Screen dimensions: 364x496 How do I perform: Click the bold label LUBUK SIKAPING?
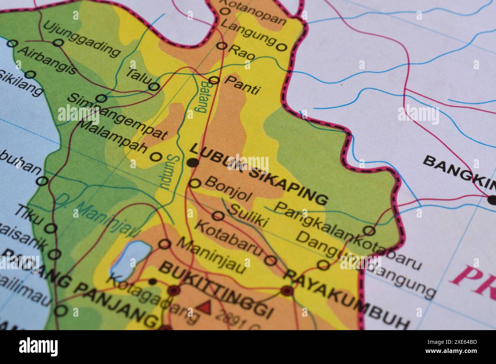(258, 174)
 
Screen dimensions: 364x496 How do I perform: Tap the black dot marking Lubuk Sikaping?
(193, 163)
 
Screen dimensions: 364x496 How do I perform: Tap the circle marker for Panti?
(214, 80)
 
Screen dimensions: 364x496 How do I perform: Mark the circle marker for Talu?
(154, 87)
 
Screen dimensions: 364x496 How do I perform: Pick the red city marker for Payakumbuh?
(287, 291)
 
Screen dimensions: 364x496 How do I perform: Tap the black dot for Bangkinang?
(492, 198)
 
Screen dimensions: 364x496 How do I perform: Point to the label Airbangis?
(47, 61)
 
